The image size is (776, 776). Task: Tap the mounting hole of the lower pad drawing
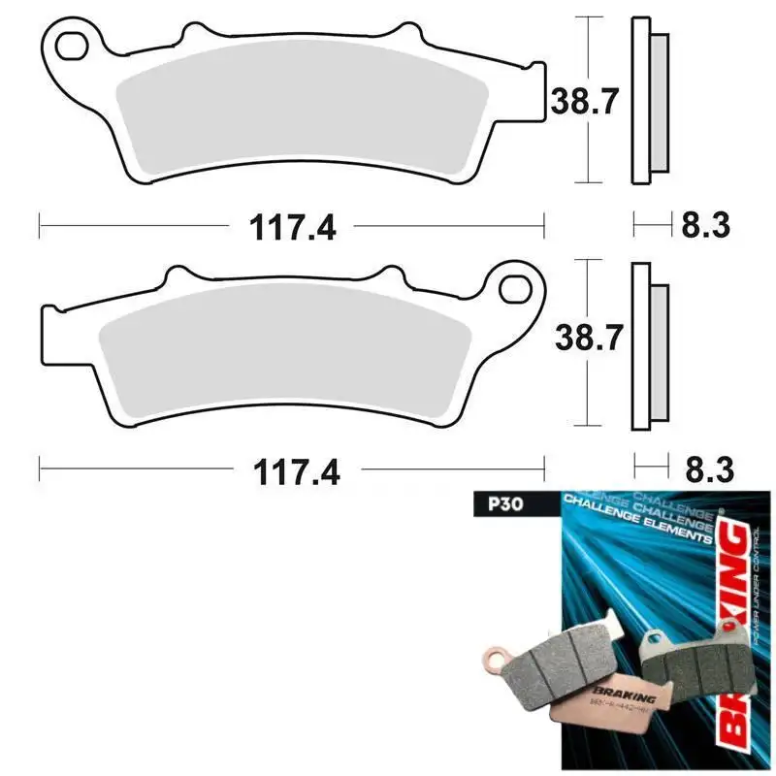515,286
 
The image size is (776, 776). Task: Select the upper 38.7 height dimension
585,100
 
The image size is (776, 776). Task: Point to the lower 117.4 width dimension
293,472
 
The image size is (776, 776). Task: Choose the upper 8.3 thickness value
705,227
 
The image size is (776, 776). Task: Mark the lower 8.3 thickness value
705,472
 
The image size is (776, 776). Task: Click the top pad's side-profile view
648,100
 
